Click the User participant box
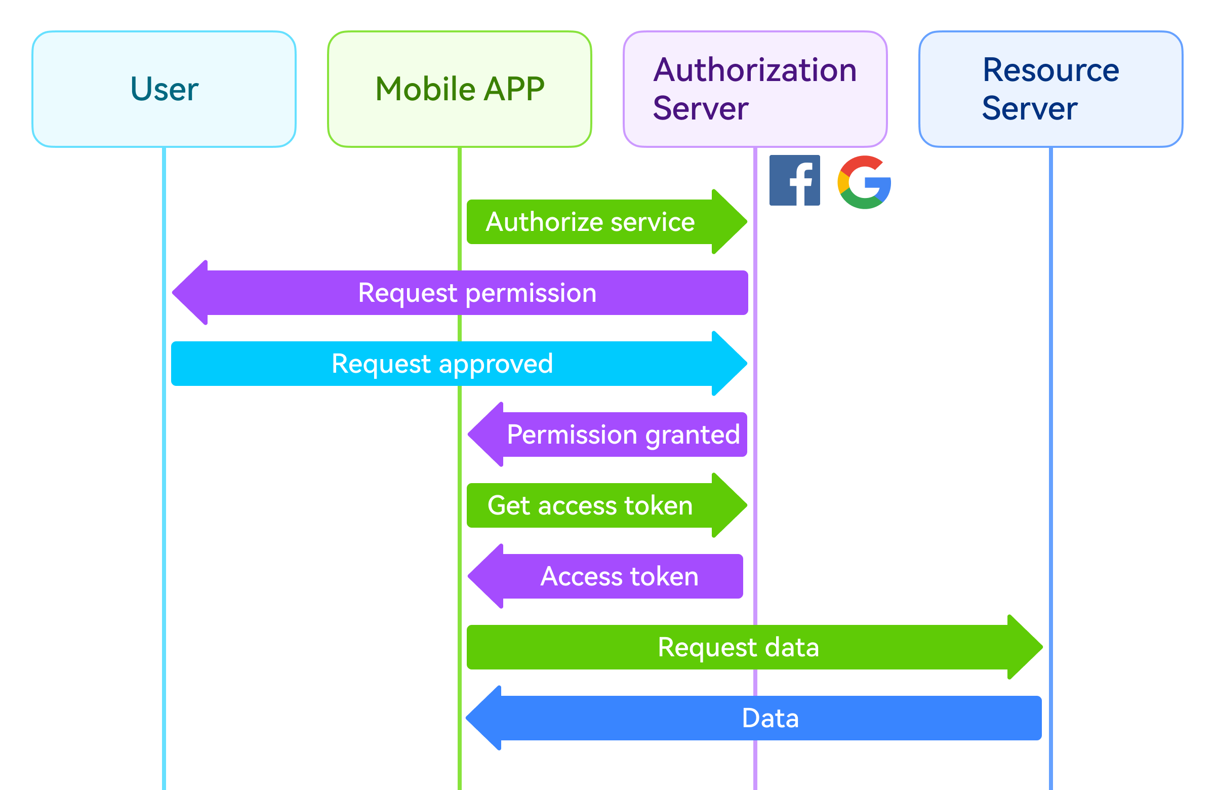pyautogui.click(x=164, y=89)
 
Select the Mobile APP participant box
pyautogui.click(x=460, y=89)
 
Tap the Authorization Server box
pyautogui.click(x=754, y=89)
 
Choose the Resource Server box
pyautogui.click(x=1050, y=89)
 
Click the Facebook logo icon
pyautogui.click(x=794, y=180)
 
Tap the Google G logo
pyautogui.click(x=864, y=182)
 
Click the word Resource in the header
pyautogui.click(x=1050, y=70)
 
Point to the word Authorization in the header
pyautogui.click(x=754, y=70)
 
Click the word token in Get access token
pyautogui.click(x=658, y=505)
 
